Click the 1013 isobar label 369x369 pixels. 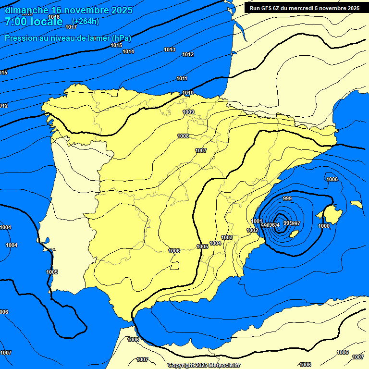point(170,49)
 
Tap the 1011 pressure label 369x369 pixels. point(182,78)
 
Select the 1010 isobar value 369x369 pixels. point(188,93)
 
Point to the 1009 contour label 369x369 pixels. point(188,112)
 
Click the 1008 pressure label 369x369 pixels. point(183,136)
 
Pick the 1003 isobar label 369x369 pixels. point(227,237)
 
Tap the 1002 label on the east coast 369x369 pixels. point(252,230)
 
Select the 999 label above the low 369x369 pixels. point(287,198)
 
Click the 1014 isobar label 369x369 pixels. point(128,51)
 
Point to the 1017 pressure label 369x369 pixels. point(71,27)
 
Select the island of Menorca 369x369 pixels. point(356,204)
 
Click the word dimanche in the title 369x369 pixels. point(27,10)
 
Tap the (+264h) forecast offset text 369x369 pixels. point(86,21)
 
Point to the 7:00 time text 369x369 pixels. point(16,22)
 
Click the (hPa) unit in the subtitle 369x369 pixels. point(121,38)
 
